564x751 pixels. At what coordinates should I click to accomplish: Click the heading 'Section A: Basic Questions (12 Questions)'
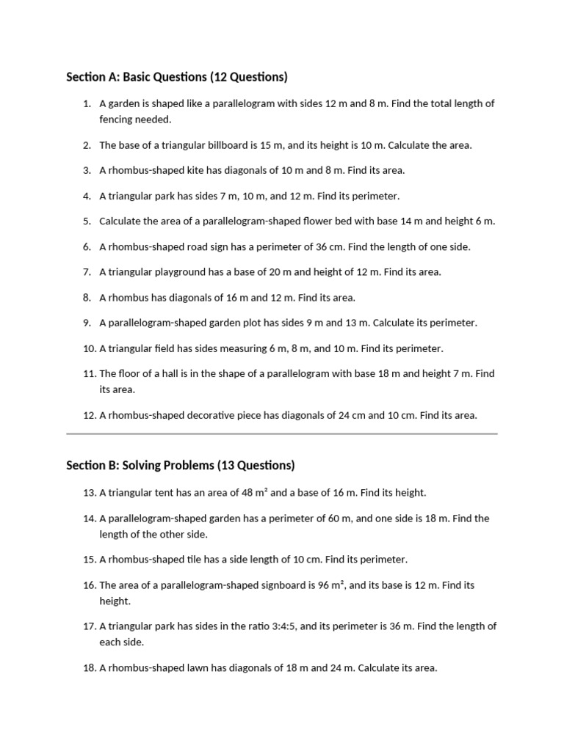[x=176, y=77]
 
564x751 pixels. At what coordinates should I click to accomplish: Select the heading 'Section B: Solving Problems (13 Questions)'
[x=180, y=465]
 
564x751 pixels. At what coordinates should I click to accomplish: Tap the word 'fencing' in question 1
[x=117, y=119]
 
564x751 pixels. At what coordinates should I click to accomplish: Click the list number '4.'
[x=87, y=196]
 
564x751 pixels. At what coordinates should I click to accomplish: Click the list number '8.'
[x=87, y=297]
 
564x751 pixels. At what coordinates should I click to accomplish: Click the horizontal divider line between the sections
[x=282, y=434]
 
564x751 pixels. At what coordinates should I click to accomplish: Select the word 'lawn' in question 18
[x=203, y=668]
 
